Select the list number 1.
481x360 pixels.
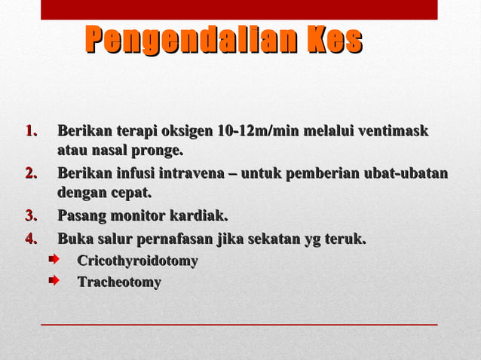point(32,132)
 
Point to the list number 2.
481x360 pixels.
point(32,175)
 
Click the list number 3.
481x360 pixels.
point(32,218)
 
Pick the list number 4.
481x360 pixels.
point(32,240)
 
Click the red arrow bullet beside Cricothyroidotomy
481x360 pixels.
point(54,261)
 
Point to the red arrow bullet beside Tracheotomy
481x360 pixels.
point(54,282)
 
